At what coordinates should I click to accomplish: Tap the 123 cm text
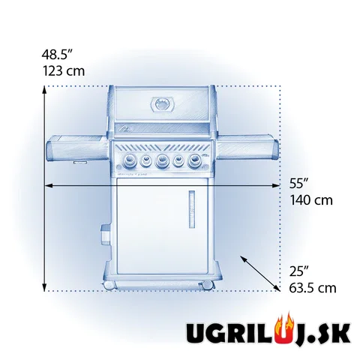pos(64,70)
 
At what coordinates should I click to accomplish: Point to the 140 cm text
pos(311,200)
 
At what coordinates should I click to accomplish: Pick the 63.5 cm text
pos(313,288)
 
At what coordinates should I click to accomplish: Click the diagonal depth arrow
pos(260,274)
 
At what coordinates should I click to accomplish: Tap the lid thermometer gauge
pos(162,104)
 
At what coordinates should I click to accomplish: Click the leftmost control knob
pos(130,159)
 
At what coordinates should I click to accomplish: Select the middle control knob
pos(162,160)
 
